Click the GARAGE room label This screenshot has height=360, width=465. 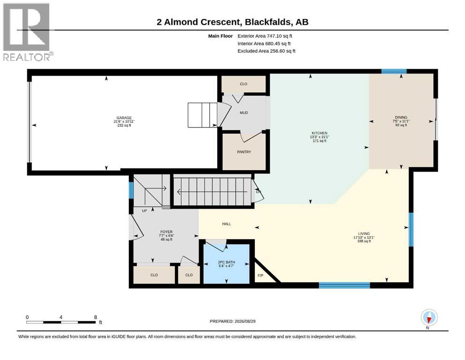click(x=124, y=118)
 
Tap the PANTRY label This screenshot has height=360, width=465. click(x=244, y=152)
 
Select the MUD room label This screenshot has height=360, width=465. click(x=244, y=113)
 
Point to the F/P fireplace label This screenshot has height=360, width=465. click(x=260, y=276)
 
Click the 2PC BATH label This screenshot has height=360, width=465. click(x=226, y=262)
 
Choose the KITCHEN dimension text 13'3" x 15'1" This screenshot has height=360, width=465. click(x=319, y=137)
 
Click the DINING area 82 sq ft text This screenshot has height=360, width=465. click(x=401, y=125)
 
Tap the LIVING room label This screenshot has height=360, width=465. click(x=364, y=233)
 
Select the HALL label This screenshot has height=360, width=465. click(x=227, y=224)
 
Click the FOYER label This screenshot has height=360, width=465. click(x=166, y=232)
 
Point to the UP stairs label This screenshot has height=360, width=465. click(x=144, y=211)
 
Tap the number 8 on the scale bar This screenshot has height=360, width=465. click(x=96, y=317)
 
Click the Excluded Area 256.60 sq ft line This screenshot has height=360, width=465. click(x=266, y=51)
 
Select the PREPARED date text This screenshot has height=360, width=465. click(x=232, y=321)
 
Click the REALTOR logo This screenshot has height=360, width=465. click(x=28, y=32)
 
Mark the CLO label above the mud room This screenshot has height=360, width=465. click(x=244, y=84)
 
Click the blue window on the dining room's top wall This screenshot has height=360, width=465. click(x=394, y=71)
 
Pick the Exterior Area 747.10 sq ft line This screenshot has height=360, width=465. click(x=265, y=36)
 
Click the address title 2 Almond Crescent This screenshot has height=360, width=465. click(x=198, y=22)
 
